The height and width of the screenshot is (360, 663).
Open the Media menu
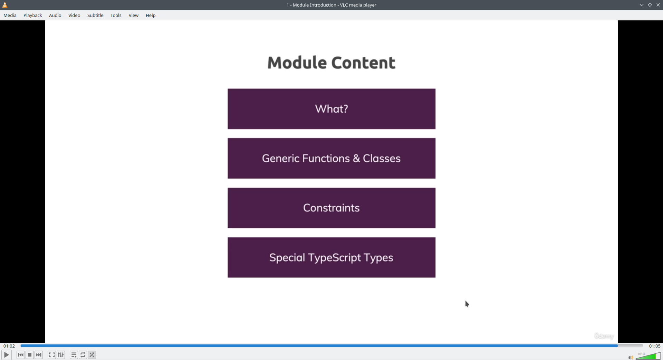[10, 15]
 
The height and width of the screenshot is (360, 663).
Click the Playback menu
[33, 15]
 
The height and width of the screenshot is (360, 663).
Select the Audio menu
[55, 15]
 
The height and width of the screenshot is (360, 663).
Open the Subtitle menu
[95, 15]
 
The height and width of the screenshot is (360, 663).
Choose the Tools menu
[116, 15]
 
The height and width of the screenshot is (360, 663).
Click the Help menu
[151, 15]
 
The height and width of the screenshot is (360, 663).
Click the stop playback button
[30, 355]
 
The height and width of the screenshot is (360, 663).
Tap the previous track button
[21, 355]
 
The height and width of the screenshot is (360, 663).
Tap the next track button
[39, 355]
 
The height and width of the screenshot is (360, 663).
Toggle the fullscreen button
[52, 355]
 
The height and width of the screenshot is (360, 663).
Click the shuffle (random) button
[92, 355]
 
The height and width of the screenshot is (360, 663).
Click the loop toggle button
[83, 355]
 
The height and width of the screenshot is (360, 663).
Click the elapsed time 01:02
[9, 346]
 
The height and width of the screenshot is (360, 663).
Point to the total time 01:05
[655, 346]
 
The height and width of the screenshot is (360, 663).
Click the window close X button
[658, 5]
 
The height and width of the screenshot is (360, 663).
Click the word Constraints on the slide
[331, 208]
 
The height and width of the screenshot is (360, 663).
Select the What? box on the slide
[331, 109]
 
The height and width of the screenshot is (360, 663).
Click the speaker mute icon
[631, 357]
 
